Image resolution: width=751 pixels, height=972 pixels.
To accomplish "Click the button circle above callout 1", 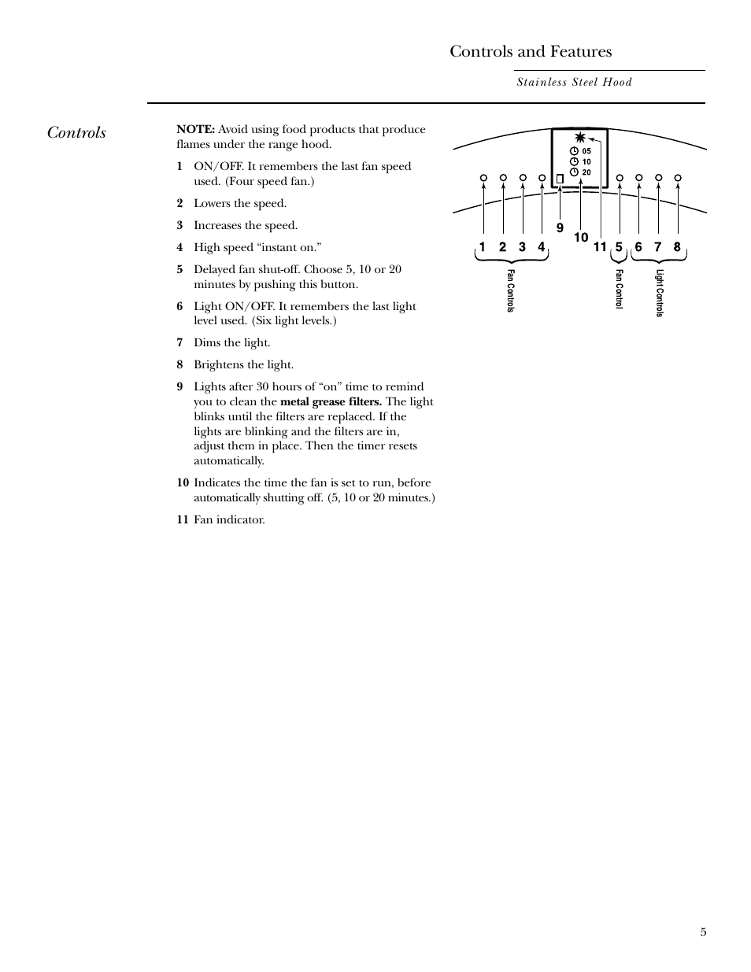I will (x=483, y=178).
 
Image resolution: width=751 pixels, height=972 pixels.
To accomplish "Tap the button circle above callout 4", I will (x=542, y=178).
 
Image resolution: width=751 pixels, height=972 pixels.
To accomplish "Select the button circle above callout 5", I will (x=620, y=178).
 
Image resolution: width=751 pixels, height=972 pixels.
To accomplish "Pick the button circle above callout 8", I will (x=678, y=178).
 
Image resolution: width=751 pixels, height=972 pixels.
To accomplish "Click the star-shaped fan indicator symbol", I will (x=580, y=137).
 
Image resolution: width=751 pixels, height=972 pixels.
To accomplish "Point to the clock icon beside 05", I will (x=574, y=151).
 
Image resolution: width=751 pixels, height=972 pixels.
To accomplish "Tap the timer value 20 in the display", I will (x=586, y=172).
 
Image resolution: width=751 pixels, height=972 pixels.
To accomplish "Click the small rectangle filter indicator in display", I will (x=560, y=179).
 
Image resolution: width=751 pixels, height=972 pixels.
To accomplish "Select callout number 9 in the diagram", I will (x=560, y=228).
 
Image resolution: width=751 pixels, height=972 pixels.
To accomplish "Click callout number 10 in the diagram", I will (x=581, y=237).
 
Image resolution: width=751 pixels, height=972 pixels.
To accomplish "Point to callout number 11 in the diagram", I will (x=600, y=247).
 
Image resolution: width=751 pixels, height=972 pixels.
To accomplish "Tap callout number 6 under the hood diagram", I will (x=638, y=247).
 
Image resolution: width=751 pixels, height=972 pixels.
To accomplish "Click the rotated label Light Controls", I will (x=660, y=293).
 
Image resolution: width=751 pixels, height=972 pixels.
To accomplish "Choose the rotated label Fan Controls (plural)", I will (x=510, y=290).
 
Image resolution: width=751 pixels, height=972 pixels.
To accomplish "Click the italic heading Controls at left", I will (x=76, y=132).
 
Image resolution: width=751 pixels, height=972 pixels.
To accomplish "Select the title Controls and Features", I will (x=531, y=51).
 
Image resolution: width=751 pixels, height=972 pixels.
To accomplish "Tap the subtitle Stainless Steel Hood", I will (x=574, y=82).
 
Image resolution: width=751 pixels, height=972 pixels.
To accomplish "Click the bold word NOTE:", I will (x=195, y=129).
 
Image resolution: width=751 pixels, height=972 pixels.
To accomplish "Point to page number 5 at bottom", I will (x=703, y=932).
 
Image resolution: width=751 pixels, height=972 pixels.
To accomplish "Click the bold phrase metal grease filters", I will (x=331, y=401).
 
